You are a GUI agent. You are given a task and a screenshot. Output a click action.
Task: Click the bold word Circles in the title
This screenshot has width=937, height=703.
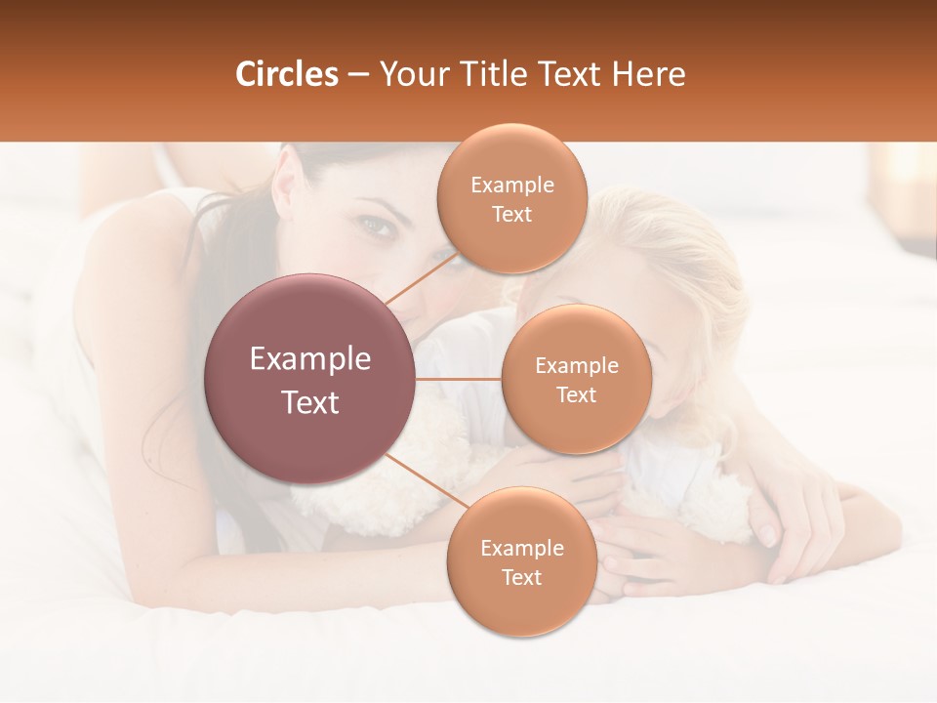286,74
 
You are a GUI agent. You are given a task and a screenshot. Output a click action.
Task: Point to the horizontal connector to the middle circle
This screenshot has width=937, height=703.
459,379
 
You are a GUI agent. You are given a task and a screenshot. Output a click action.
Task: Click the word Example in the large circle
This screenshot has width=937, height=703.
310,359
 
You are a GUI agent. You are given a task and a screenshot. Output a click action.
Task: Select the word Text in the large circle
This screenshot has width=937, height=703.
310,402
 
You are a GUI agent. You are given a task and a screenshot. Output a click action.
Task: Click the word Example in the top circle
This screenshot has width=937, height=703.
511,186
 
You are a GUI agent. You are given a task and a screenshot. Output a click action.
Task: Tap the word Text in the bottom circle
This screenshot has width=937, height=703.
521,577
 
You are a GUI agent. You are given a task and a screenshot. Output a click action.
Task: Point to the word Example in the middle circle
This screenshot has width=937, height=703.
576,366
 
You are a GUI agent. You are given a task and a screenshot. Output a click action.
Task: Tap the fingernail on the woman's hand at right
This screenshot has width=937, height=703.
767,534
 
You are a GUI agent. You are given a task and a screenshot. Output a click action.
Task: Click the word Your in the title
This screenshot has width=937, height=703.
409,74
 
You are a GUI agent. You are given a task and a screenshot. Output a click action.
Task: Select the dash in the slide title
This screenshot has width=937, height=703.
358,74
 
